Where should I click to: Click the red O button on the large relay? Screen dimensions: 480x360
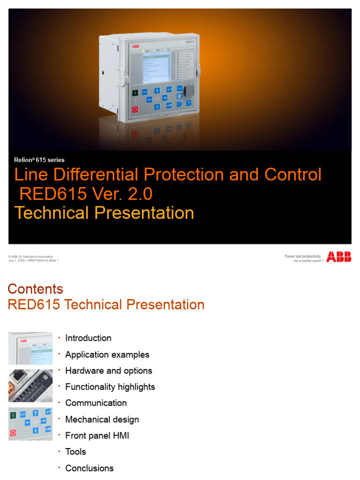tap(135, 109)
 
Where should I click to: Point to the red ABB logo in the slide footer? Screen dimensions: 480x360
tap(339, 256)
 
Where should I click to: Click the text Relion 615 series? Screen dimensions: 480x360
tap(39, 160)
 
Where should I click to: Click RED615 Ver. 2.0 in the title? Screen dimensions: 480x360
tap(85, 194)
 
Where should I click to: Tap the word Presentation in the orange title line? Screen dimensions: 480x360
tap(144, 213)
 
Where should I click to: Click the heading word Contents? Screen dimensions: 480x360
tap(36, 288)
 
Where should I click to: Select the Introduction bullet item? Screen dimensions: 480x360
tap(88, 338)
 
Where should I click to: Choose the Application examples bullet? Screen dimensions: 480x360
tap(107, 354)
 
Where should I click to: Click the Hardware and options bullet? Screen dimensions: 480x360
tap(108, 370)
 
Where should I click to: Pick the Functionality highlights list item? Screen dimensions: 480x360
tap(110, 387)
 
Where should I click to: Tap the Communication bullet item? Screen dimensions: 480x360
tap(96, 403)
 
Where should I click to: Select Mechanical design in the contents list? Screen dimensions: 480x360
tap(102, 419)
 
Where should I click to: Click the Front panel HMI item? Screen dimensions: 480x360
tap(97, 435)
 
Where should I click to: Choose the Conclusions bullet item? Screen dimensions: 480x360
tap(89, 468)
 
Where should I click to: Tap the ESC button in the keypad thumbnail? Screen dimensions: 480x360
tap(23, 414)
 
